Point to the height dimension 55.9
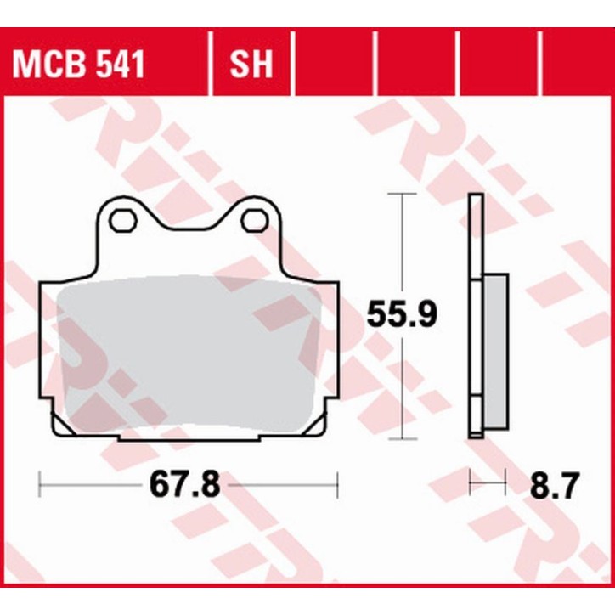(x=401, y=315)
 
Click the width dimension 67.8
(x=185, y=486)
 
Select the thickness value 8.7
(x=554, y=486)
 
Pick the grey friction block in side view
(x=496, y=353)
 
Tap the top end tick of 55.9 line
(x=401, y=195)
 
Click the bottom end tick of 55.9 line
(x=401, y=439)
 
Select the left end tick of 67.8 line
(x=40, y=486)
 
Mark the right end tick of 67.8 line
(x=338, y=486)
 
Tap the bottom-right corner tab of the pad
(x=315, y=424)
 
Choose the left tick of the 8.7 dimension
(x=470, y=486)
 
